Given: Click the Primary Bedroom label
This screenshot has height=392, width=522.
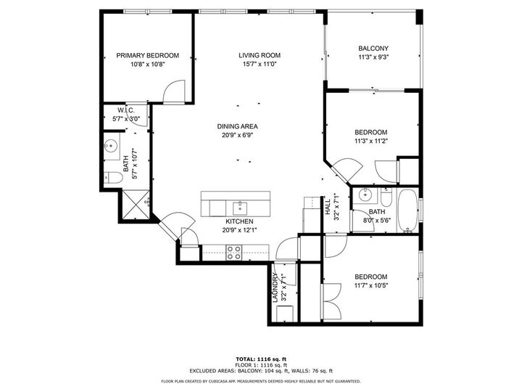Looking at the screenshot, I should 148,55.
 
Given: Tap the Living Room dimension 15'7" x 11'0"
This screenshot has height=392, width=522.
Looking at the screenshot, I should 260,65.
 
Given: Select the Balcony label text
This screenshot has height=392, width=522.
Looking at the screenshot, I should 373,49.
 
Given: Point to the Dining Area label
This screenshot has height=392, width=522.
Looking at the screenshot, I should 237,126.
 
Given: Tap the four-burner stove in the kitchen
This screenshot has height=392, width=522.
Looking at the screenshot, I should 234,252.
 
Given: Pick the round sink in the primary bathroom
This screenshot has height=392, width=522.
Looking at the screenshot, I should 111,147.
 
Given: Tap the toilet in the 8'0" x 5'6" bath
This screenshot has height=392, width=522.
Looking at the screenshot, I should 386,197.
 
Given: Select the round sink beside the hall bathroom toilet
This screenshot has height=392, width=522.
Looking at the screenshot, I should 364,195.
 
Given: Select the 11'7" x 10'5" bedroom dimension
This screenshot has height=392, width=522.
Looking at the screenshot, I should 370,286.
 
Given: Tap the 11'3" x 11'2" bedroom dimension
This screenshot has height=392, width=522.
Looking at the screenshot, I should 370,142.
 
